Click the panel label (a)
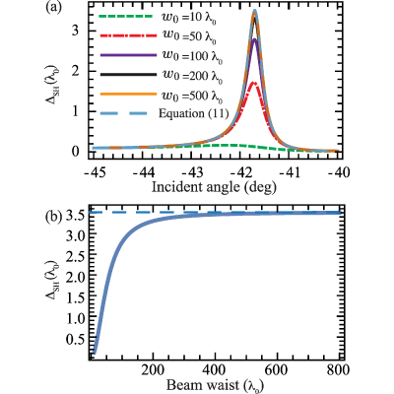pos(52,8)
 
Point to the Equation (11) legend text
pos(193,113)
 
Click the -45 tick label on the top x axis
pos(96,171)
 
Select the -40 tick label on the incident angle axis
pos(337,171)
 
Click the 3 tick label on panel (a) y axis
pos(76,31)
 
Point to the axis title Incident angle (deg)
pos(214,187)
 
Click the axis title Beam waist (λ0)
pos(215,385)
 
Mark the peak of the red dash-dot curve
pos(253,83)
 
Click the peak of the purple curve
pos(254,40)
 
